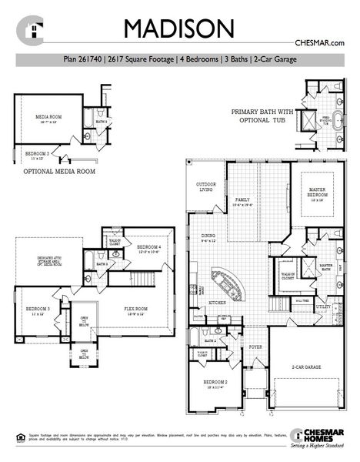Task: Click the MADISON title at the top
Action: (179, 28)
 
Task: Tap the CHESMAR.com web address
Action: (318, 45)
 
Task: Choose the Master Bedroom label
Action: (317, 192)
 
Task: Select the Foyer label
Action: (255, 346)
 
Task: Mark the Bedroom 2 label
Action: (215, 383)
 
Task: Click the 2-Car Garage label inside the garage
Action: (305, 368)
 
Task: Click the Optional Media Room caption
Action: (59, 172)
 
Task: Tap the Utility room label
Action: (324, 306)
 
